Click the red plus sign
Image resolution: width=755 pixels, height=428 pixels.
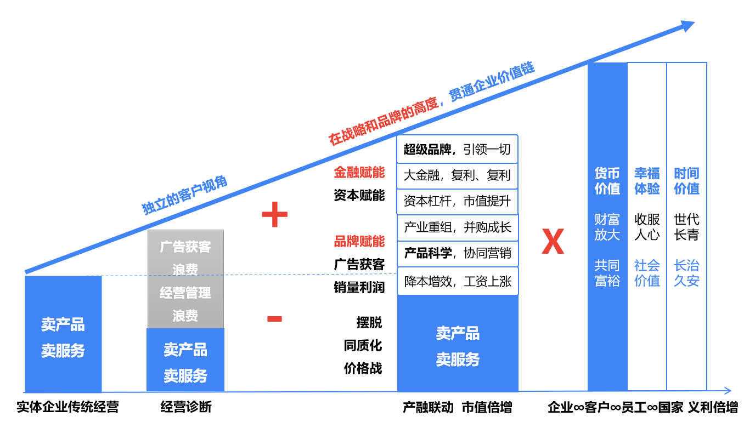(x=274, y=215)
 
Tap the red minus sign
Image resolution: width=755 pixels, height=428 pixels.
(x=274, y=319)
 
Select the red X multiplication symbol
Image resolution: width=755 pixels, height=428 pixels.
(x=553, y=242)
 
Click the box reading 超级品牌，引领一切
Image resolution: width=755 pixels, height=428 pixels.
(x=457, y=149)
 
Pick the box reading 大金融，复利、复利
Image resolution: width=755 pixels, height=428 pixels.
(x=457, y=175)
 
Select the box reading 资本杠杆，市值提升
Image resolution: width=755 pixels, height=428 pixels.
(x=457, y=201)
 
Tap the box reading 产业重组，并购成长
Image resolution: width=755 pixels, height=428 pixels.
(x=457, y=227)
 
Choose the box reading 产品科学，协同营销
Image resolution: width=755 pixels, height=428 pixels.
(x=457, y=253)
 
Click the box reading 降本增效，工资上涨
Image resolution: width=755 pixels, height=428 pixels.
(x=457, y=282)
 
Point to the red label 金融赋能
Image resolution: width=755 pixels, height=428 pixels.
(x=359, y=173)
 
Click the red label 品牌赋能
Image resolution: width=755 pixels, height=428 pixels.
(x=359, y=242)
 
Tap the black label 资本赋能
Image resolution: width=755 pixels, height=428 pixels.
(x=359, y=196)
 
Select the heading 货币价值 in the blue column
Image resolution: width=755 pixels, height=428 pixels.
(x=607, y=181)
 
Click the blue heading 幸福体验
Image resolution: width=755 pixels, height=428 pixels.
(x=647, y=181)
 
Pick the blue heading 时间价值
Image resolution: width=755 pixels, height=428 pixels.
(x=686, y=181)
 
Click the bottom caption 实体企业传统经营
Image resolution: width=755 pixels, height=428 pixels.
(x=67, y=407)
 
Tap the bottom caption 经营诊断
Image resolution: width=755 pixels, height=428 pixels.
(x=185, y=407)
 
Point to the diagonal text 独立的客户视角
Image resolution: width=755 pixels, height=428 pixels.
(x=185, y=196)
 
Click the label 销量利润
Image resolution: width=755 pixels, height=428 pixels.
(x=359, y=287)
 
